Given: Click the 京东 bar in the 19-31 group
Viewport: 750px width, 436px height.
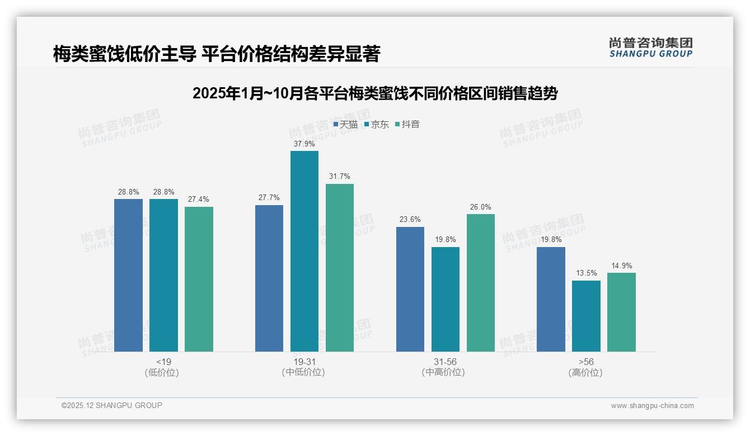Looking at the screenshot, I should (304, 251).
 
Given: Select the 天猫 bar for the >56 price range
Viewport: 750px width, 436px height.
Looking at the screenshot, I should (551, 299).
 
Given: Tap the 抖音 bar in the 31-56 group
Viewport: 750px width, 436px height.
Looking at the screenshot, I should (481, 282).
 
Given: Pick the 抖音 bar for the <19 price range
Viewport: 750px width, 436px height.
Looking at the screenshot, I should (199, 279).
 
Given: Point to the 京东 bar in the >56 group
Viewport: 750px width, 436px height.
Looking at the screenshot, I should (586, 316).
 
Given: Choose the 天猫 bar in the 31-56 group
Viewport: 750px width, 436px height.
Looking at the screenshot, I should (410, 289).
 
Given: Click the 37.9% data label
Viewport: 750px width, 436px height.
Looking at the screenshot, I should (304, 144).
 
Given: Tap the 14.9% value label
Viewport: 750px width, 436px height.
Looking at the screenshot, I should (621, 266).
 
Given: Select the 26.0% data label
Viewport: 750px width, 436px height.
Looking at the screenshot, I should (481, 207).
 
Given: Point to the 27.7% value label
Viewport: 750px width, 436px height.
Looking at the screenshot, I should (269, 198).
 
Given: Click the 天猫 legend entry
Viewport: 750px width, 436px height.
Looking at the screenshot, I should (345, 124).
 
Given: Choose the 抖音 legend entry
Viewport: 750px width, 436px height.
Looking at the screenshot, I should (407, 124).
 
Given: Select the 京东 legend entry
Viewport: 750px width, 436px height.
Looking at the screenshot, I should (377, 124).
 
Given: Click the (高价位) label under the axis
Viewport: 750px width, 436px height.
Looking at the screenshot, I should (585, 372).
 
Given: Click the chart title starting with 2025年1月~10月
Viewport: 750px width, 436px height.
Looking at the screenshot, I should (375, 93).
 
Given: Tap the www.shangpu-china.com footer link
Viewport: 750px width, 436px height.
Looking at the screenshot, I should (652, 406).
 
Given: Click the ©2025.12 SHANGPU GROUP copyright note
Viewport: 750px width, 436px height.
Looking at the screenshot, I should (112, 405).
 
